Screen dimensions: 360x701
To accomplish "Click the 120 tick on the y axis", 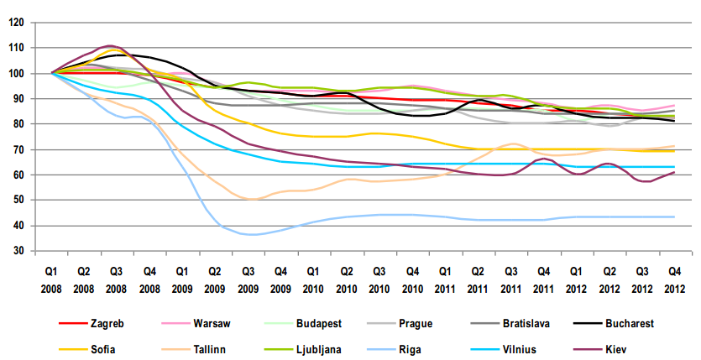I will pyautogui.click(x=15, y=23).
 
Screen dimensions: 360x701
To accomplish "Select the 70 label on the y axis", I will pyautogui.click(x=18, y=150).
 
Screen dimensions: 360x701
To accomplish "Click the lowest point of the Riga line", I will pyautogui.click(x=249, y=235).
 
